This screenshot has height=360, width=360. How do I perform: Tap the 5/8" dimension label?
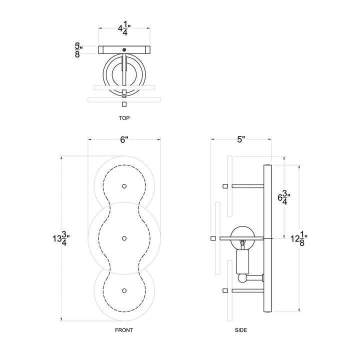coord(77,49)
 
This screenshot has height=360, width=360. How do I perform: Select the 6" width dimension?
coord(124,140)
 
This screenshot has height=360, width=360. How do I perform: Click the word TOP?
coord(124,118)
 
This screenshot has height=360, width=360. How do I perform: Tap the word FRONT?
coord(124,330)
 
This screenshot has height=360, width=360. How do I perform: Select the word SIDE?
coord(240,330)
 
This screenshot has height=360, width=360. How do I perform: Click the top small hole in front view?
coord(124,185)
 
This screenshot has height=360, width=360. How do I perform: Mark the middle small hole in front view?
coord(124,238)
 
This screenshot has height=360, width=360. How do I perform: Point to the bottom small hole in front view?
coord(124,290)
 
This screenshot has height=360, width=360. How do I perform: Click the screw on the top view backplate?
coord(124,49)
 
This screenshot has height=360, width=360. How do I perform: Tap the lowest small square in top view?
coord(124,104)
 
